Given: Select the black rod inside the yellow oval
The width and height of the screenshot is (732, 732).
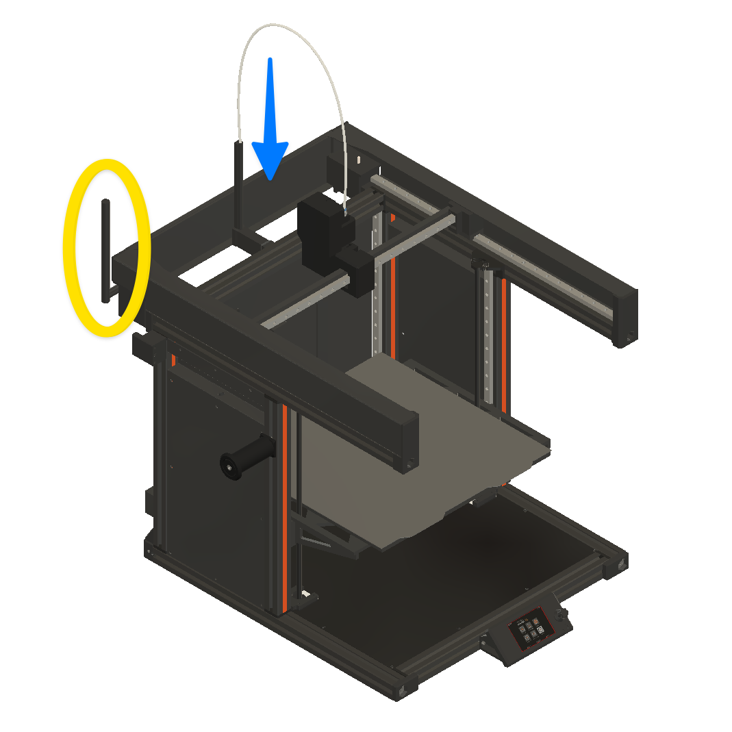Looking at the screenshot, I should click(x=106, y=250).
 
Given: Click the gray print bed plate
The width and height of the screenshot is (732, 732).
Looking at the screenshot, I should click(x=411, y=445).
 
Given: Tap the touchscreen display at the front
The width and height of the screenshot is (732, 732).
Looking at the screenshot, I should click(x=530, y=628).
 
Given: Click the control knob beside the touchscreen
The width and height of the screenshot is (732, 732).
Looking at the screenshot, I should click(x=564, y=618).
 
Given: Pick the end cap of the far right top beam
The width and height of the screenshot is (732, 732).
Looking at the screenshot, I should click(x=625, y=315).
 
